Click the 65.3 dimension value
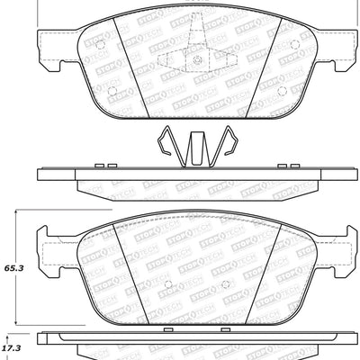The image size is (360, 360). [x=12, y=268]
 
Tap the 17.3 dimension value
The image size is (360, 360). [x=12, y=345]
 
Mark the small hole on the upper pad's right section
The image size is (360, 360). [x=281, y=90]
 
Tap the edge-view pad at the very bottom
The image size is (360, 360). [x=180, y=347]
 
